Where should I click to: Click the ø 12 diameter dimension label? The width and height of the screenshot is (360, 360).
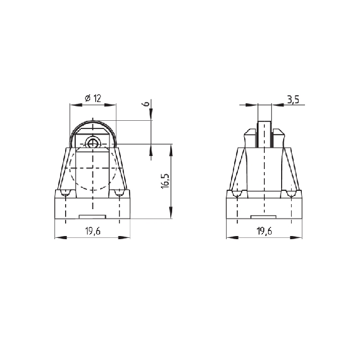pyautogui.click(x=93, y=98)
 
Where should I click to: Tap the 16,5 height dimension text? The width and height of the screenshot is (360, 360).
pyautogui.click(x=165, y=181)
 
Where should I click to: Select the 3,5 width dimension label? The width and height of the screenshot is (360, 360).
pyautogui.click(x=293, y=100)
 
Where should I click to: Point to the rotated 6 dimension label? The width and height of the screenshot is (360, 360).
pyautogui.click(x=147, y=103)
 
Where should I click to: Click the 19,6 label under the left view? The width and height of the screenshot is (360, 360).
pyautogui.click(x=93, y=231)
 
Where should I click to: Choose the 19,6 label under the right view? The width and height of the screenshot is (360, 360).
pyautogui.click(x=264, y=231)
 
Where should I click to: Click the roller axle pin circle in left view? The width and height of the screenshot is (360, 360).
pyautogui.click(x=93, y=144)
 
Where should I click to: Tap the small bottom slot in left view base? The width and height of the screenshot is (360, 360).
pyautogui.click(x=92, y=217)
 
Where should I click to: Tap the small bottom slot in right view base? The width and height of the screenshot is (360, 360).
pyautogui.click(x=264, y=217)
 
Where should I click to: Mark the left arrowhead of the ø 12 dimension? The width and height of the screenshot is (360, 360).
pyautogui.click(x=76, y=105)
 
